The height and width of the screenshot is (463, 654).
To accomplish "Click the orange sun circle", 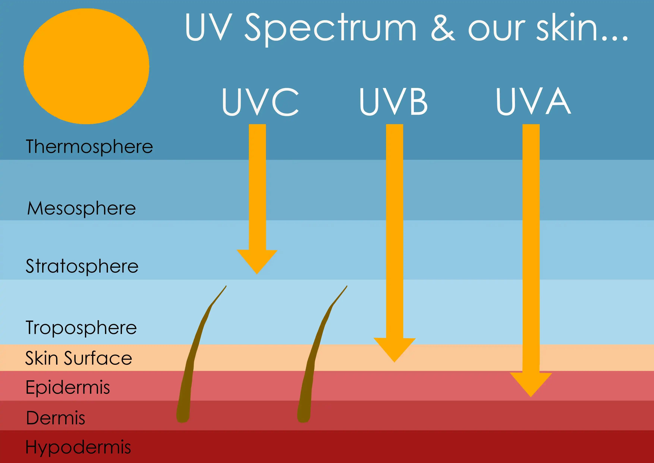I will (x=86, y=66).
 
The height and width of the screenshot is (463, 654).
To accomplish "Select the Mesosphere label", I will (x=81, y=208).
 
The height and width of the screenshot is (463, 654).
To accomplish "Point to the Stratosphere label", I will (x=82, y=266).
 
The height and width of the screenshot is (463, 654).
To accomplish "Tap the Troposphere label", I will (x=81, y=327).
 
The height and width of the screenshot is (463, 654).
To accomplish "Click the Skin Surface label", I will (x=79, y=358).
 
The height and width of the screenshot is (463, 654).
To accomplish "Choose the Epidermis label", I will (x=68, y=387).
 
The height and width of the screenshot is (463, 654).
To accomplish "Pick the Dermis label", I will (x=56, y=418).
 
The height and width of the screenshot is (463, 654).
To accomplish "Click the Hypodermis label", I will (x=78, y=447).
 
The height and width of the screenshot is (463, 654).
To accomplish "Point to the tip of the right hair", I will (x=347, y=286).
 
